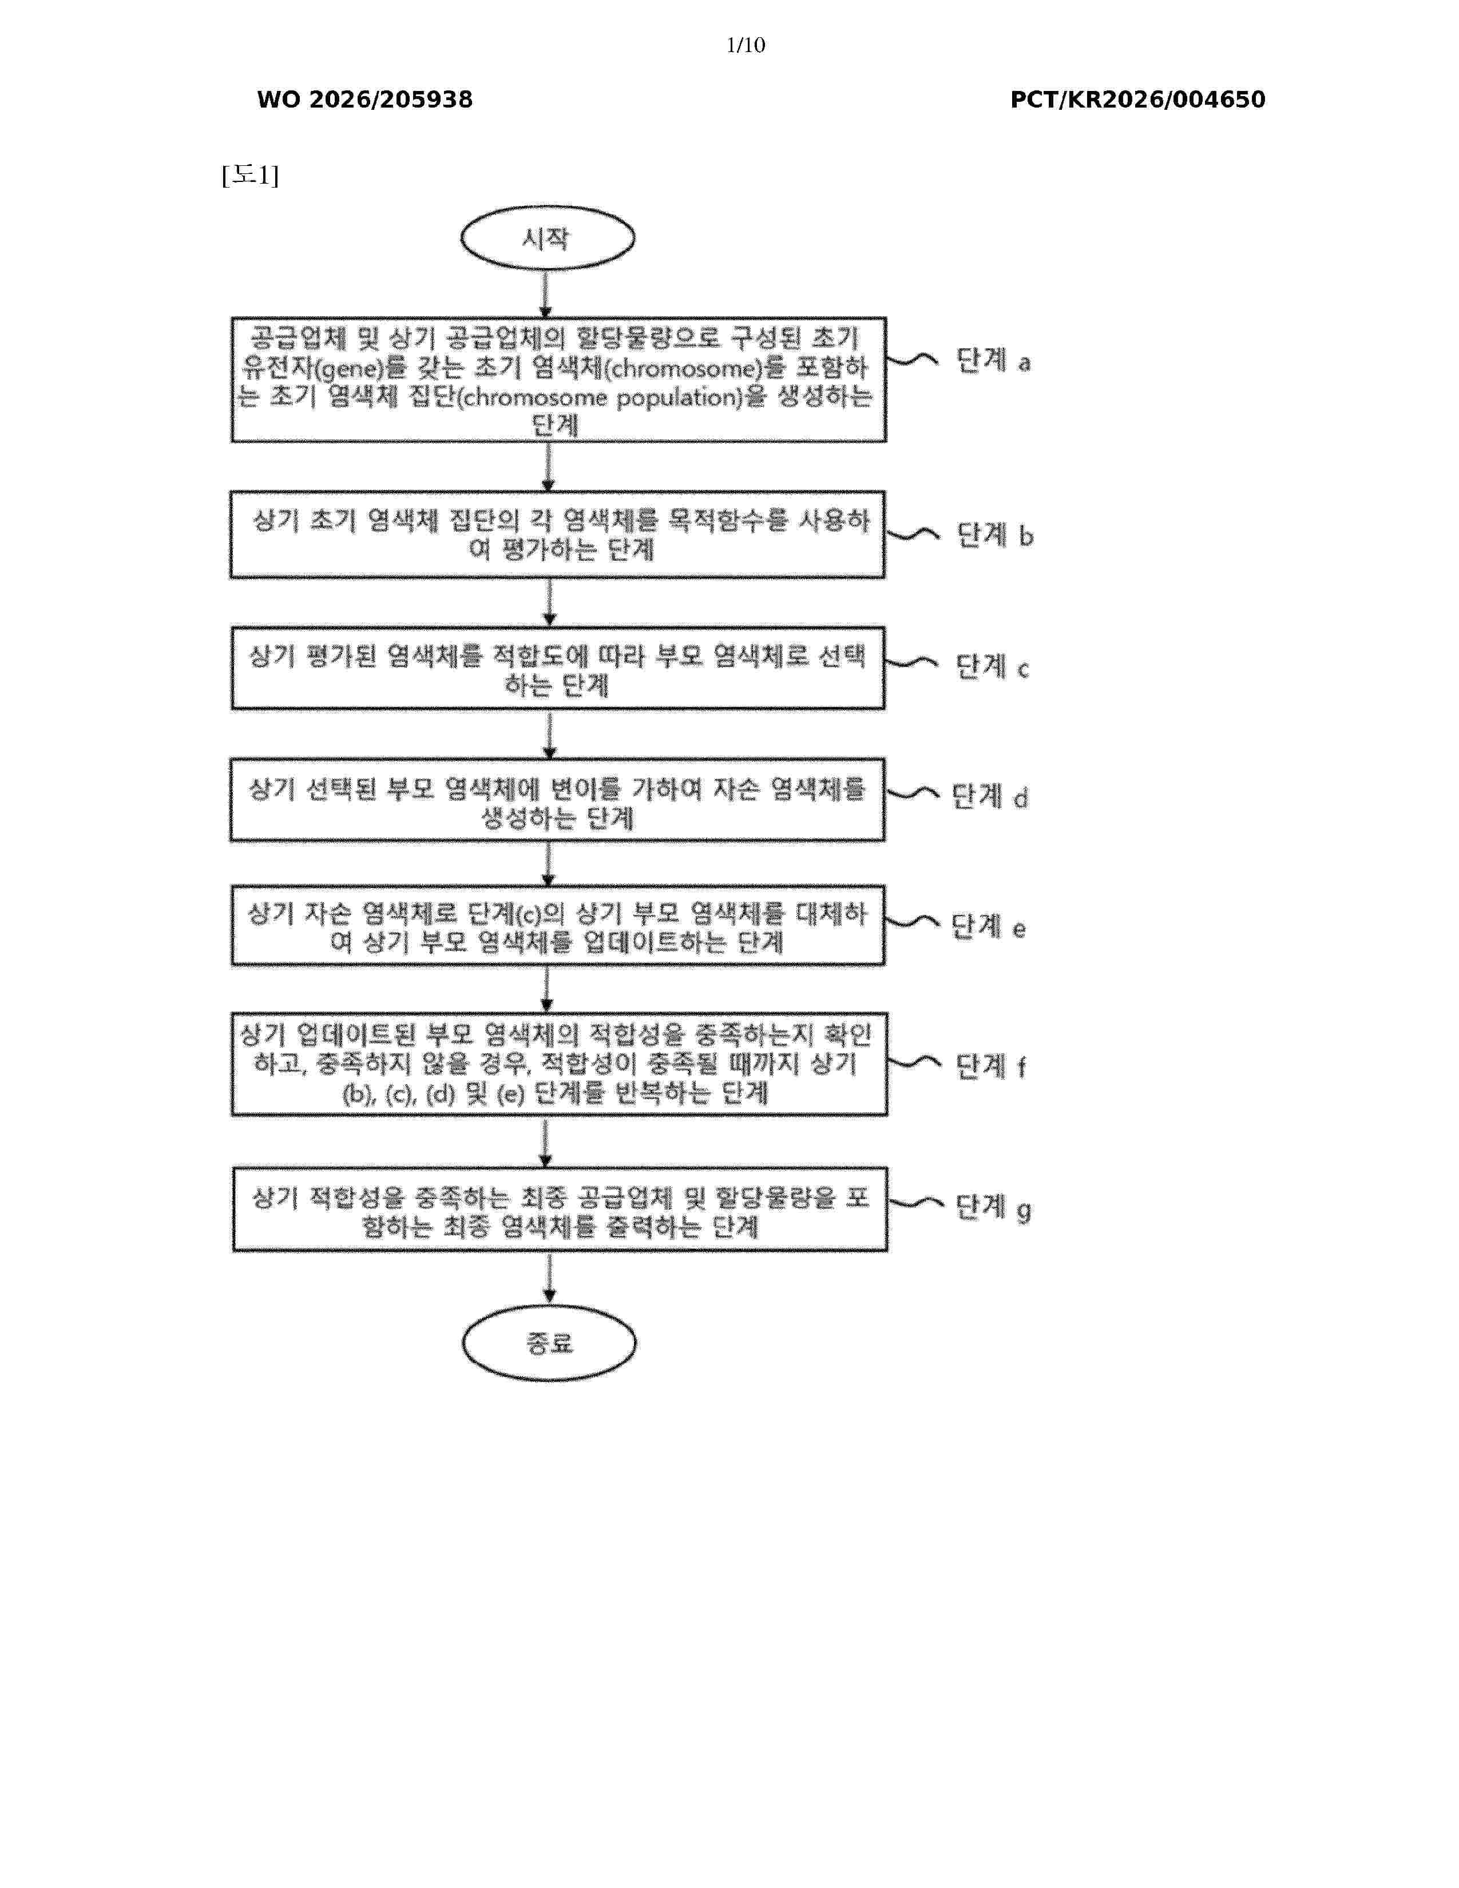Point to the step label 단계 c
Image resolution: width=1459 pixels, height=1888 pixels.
tap(992, 667)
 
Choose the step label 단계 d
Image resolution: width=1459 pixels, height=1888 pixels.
tap(990, 796)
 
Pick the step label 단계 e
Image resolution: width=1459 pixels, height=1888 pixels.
tap(989, 927)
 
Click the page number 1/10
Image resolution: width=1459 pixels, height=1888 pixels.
tap(745, 45)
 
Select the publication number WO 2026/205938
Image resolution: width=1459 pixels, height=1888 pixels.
tap(365, 100)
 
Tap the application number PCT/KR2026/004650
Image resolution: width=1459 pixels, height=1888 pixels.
tap(1137, 100)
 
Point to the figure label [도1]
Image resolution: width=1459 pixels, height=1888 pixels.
tap(250, 176)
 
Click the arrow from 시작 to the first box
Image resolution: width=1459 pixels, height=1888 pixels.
tap(545, 294)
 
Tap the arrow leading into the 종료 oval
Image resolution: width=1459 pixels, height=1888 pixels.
tap(549, 1279)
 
